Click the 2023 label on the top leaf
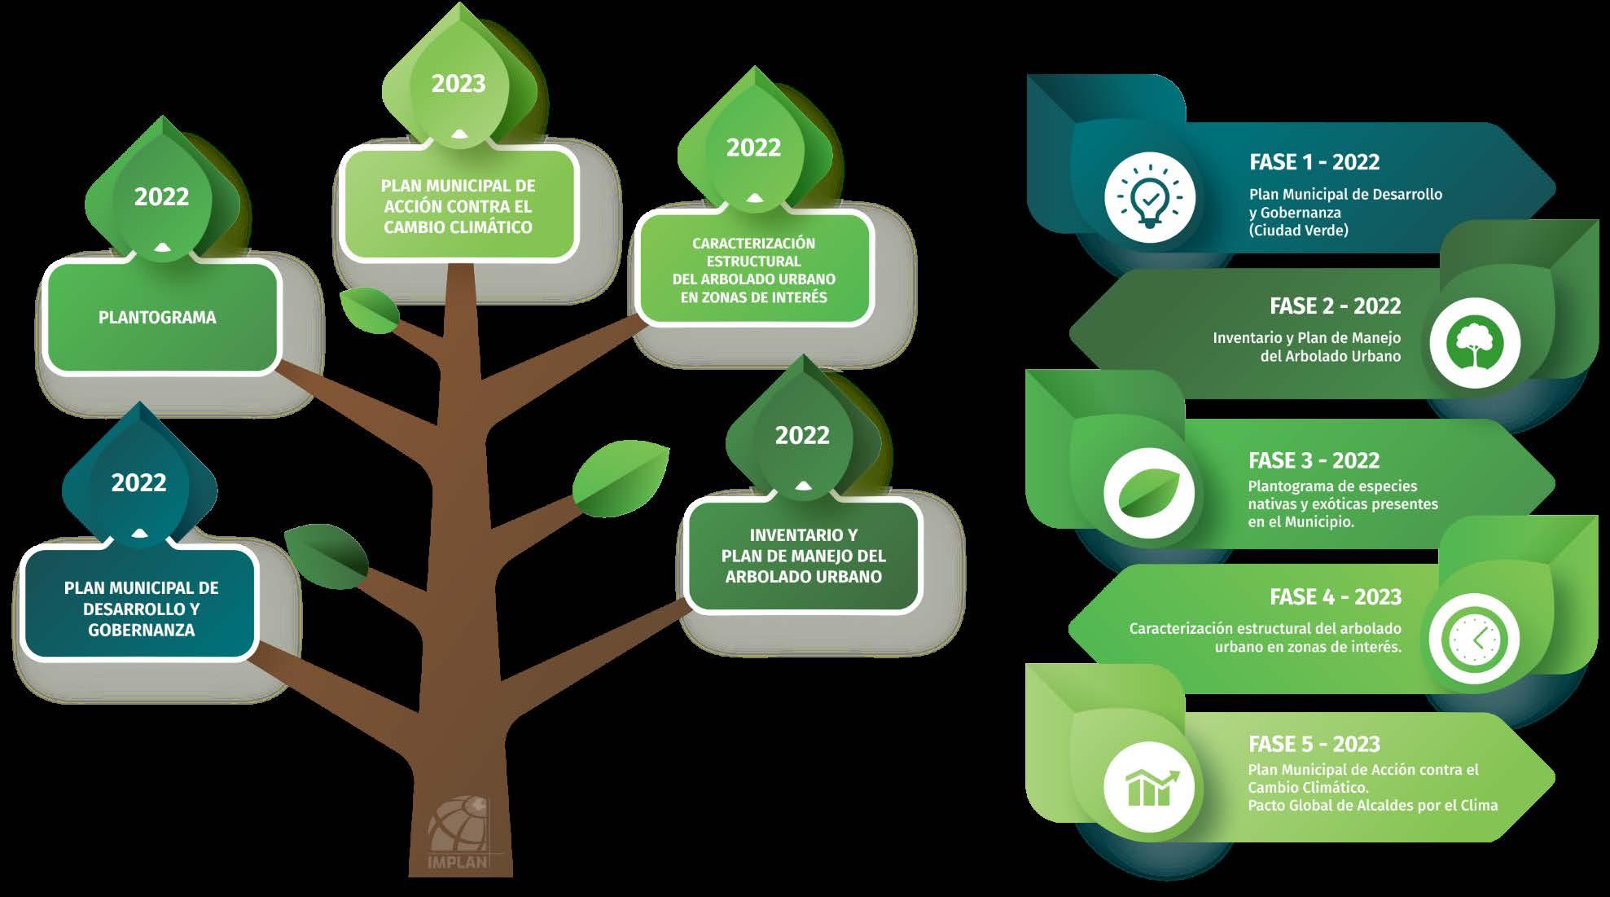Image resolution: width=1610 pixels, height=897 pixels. (x=458, y=84)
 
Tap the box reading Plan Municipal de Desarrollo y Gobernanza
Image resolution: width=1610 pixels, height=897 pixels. (x=140, y=608)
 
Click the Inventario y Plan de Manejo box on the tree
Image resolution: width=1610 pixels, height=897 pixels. (x=803, y=556)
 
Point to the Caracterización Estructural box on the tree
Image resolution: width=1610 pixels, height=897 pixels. (x=753, y=270)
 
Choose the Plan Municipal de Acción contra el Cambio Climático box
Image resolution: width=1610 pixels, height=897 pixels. (x=458, y=206)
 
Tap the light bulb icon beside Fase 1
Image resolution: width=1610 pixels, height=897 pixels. (x=1149, y=198)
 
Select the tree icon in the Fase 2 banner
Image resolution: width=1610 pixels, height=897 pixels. (x=1475, y=342)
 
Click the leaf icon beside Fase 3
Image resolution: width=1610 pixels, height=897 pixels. (x=1149, y=493)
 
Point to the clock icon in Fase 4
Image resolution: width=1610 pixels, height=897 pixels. (x=1474, y=638)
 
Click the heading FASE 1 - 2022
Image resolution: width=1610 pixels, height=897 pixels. (x=1314, y=162)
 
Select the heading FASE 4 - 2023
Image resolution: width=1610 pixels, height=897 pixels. (x=1336, y=597)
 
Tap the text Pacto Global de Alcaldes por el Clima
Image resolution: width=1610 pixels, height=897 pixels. (x=1372, y=806)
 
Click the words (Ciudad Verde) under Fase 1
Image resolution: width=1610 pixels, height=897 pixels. (x=1298, y=231)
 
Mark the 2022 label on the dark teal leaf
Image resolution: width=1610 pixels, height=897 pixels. (x=139, y=483)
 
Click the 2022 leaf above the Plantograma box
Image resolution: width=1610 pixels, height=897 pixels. (x=161, y=197)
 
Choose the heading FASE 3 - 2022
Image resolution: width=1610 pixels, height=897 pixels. (x=1314, y=460)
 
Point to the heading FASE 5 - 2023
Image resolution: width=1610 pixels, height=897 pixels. (x=1314, y=744)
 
